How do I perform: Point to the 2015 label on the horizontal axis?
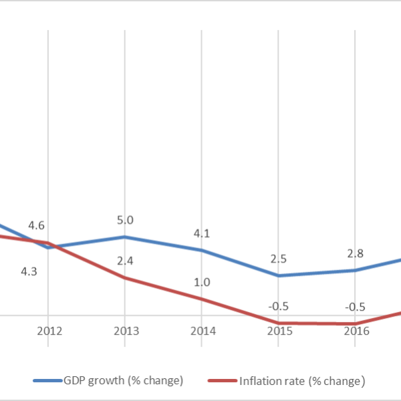(x=278, y=332)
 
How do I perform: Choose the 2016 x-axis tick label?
(x=354, y=332)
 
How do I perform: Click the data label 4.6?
(x=36, y=225)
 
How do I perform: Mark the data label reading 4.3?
(x=29, y=271)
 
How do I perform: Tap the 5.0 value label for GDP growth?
(x=125, y=219)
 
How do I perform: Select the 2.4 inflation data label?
(x=125, y=261)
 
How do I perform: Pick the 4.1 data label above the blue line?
(x=202, y=233)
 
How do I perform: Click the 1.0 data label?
(x=202, y=282)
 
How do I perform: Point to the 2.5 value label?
(x=278, y=259)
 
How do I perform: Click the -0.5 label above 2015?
(x=278, y=307)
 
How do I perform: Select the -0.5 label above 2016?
(x=354, y=307)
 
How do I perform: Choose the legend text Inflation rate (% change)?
(x=301, y=381)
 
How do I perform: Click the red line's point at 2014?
(x=202, y=299)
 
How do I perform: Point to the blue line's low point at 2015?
(x=278, y=275)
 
